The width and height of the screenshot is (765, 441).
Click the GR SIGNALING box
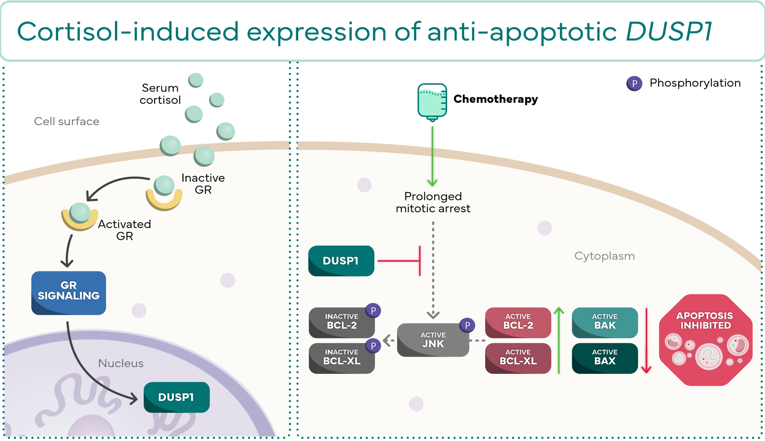(x=68, y=293)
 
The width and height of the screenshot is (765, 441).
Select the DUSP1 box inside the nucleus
(x=176, y=397)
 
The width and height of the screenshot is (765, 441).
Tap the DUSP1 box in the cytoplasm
(x=341, y=261)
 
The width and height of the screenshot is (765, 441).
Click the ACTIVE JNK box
(x=433, y=340)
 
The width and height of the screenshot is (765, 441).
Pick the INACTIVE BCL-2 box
(x=341, y=323)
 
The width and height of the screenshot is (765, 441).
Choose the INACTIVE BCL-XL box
(x=341, y=358)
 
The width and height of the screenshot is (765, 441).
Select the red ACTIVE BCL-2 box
(x=518, y=323)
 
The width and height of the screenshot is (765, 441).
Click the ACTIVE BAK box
(x=604, y=323)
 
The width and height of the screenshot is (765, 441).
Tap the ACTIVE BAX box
(x=604, y=358)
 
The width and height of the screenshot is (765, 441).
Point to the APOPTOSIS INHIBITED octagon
(x=705, y=340)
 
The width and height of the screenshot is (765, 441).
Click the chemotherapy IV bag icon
(x=432, y=101)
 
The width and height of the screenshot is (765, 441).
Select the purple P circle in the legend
(x=634, y=83)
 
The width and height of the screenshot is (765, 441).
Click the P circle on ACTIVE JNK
(x=467, y=325)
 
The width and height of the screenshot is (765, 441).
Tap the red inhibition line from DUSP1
(x=400, y=261)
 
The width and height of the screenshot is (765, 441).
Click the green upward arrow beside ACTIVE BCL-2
(x=559, y=340)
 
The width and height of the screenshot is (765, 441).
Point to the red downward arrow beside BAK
(x=646, y=340)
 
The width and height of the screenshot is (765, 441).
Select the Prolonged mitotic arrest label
(x=433, y=202)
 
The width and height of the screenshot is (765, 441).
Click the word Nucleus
(x=121, y=363)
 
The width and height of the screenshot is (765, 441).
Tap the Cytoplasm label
(x=604, y=256)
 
